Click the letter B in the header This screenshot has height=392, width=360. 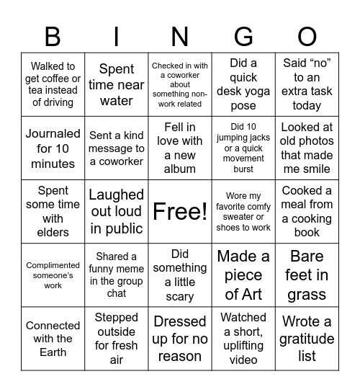(x=53, y=36)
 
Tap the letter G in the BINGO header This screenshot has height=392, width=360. (x=243, y=36)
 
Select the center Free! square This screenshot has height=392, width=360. (x=180, y=211)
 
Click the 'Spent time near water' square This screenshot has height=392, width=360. (x=117, y=84)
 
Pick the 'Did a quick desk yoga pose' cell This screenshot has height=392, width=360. (x=243, y=84)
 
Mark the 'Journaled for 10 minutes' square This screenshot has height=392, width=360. (x=53, y=148)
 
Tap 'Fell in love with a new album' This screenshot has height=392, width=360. (x=180, y=148)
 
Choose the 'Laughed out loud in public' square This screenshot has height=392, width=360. (x=117, y=211)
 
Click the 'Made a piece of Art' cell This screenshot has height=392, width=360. (x=243, y=275)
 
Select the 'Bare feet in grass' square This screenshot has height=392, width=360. (x=307, y=275)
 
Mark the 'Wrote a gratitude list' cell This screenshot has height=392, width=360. (x=307, y=338)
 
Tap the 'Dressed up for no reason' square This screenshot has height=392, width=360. (x=180, y=338)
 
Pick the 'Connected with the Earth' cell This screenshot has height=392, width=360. (x=53, y=338)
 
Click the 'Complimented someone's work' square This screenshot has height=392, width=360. (x=53, y=275)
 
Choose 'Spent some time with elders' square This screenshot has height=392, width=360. (x=53, y=211)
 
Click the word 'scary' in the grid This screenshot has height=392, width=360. (x=180, y=296)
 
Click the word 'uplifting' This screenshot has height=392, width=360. (x=243, y=346)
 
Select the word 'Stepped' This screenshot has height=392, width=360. (x=117, y=317)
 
